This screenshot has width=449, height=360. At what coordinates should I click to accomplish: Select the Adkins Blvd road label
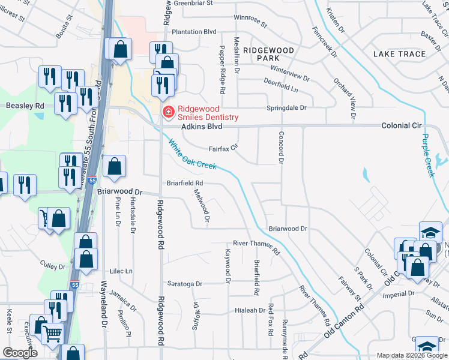pos(202,127)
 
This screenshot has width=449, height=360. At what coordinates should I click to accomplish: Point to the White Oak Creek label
pos(192,155)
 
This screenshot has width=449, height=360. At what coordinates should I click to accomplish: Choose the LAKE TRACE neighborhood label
pos(399,54)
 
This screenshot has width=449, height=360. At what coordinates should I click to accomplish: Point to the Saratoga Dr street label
pos(185,283)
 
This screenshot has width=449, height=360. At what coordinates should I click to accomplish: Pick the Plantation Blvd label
pos(193,32)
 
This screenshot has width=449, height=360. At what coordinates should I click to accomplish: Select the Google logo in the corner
pos(19,353)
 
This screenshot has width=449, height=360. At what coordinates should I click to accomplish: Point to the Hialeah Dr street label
pos(250,310)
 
